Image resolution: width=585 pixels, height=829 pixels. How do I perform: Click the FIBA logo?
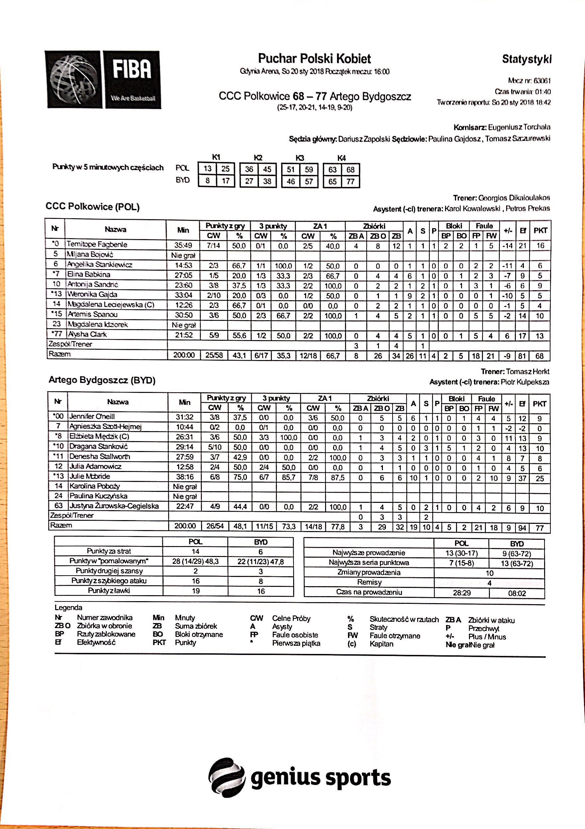(103, 79)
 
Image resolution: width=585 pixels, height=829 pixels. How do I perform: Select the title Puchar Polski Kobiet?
(314, 58)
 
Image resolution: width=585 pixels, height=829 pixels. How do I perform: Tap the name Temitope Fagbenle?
(97, 244)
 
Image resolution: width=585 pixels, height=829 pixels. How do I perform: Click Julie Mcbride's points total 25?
(539, 478)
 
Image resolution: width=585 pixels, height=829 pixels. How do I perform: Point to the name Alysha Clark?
(87, 334)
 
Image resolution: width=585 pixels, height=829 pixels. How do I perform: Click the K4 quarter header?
(341, 158)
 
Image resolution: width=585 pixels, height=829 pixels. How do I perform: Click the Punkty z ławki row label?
(109, 591)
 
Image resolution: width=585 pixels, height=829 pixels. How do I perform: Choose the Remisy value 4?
(489, 583)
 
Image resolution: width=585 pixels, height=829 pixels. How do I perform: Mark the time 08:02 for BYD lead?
(517, 593)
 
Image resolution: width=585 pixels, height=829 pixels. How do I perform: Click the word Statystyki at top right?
(526, 59)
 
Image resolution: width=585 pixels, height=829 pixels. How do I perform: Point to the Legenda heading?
(68, 607)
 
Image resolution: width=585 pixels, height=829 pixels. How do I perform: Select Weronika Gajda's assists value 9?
(410, 296)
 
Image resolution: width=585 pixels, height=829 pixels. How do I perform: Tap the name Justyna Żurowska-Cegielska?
(114, 506)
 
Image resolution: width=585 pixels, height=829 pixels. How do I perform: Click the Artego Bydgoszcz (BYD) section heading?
(102, 380)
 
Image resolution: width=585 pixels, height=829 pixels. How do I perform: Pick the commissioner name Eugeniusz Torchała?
(519, 127)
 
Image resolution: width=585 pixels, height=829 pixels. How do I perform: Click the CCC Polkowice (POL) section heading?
(92, 207)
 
